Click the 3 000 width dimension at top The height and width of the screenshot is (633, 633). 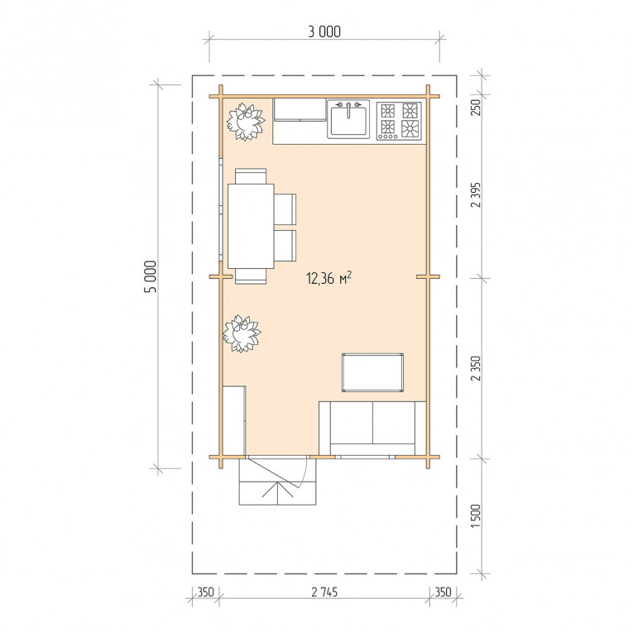(324, 32)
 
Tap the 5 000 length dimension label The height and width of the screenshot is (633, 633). (151, 276)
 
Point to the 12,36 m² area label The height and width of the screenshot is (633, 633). (329, 278)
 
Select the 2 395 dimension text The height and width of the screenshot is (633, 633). (476, 194)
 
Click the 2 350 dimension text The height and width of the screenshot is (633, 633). (476, 368)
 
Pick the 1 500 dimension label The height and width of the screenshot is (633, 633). (476, 516)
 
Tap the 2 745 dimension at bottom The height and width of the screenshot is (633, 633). (324, 592)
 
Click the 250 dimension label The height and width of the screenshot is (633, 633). (476, 108)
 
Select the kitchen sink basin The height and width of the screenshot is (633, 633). (348, 121)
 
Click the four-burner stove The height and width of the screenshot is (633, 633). (399, 121)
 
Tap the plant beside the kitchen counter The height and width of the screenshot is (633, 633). (245, 122)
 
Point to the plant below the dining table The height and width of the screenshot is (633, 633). (242, 333)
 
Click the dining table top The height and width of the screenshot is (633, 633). (251, 226)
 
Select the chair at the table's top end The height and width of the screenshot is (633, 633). (251, 176)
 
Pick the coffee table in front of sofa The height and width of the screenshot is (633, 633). (372, 372)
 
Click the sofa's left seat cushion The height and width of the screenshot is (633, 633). (351, 422)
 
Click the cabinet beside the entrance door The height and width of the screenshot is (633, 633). (234, 421)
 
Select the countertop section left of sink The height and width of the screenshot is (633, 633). (300, 109)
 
